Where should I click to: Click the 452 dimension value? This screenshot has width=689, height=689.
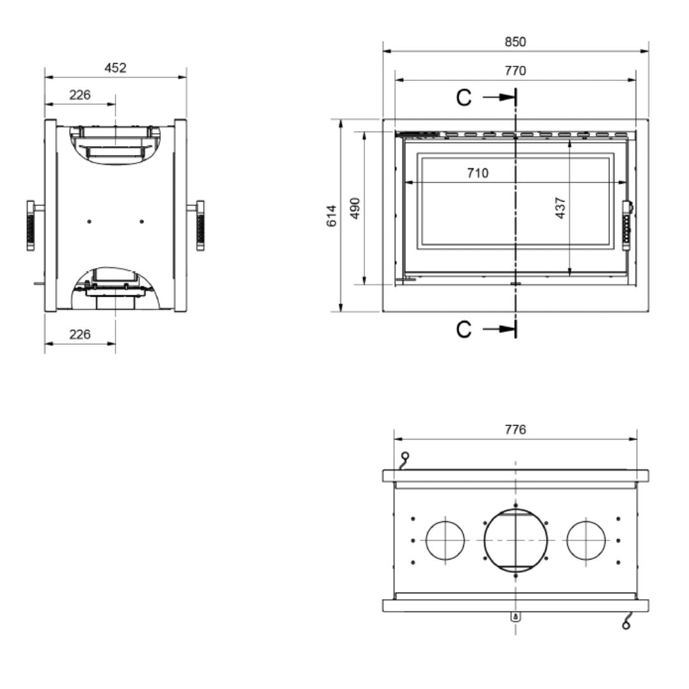coord(115,68)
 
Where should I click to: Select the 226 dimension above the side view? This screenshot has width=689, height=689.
coord(80,95)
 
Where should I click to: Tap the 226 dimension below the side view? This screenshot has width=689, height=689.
coord(80,334)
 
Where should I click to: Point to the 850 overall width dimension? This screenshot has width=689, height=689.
coord(515,42)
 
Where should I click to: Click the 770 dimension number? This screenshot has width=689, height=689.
coord(515,71)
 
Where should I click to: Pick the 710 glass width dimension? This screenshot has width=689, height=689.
coord(477,173)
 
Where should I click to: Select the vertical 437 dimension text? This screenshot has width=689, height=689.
coord(561,208)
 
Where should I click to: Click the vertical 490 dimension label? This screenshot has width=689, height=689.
coord(355,208)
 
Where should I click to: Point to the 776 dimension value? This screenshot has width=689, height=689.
coord(515,429)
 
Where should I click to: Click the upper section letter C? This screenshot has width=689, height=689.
coord(464,98)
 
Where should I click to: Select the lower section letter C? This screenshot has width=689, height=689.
coord(464,329)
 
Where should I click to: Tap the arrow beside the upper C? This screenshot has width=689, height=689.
coord(499,97)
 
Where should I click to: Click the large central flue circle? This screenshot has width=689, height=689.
coord(515,540)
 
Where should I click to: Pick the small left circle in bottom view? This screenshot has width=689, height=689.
coord(445,540)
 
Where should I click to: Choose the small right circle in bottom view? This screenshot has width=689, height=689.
coord(586,540)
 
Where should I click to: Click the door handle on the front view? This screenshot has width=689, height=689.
coord(628,221)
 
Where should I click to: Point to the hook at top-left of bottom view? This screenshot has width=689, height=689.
coord(404,459)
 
